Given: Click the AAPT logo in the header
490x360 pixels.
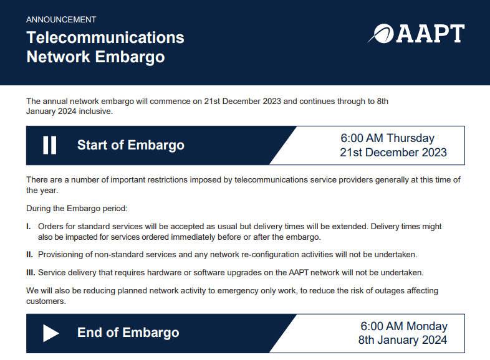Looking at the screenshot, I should tap(416, 34).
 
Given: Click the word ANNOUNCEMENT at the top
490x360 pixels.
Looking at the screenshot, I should tap(61, 20).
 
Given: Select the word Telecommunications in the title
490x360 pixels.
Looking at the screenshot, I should tap(105, 37).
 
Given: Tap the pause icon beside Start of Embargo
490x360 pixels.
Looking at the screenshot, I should tap(50, 145).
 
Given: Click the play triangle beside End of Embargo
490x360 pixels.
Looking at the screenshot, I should tap(50, 333).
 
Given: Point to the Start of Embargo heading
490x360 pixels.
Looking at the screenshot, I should tap(130, 145).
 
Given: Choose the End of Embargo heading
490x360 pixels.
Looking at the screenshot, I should tap(128, 333).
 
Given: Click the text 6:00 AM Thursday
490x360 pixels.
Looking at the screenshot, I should tap(387, 138).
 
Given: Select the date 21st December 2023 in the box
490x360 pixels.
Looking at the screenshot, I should tap(393, 153).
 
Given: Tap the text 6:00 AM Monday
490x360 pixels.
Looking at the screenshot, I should tap(404, 326).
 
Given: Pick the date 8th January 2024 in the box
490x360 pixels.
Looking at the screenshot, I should tap(403, 340).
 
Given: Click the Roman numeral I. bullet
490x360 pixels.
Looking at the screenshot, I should tap(29, 227).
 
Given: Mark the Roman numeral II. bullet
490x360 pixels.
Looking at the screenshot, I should tap(30, 255).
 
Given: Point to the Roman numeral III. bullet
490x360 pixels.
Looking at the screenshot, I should tap(31, 273).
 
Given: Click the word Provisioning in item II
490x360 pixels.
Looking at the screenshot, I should tap(59, 255).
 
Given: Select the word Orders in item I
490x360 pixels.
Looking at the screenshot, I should tap(50, 227).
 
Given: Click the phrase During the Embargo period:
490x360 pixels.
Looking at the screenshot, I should tap(77, 208).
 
